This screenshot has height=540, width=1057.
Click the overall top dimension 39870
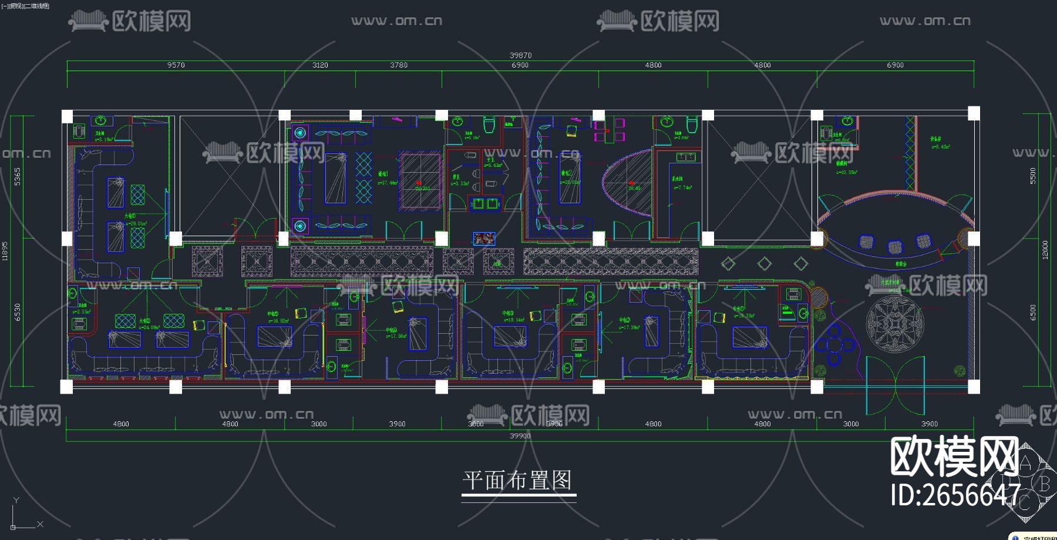click(520, 55)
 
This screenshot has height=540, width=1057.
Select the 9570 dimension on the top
click(176, 65)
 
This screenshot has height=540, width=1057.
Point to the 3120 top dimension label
click(320, 65)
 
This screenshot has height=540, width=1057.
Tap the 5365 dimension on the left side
click(18, 176)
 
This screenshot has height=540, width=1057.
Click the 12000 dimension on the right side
click(1045, 250)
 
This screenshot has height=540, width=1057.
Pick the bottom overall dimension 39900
click(520, 436)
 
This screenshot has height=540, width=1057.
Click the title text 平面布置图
click(517, 481)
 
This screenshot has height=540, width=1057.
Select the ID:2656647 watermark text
click(955, 495)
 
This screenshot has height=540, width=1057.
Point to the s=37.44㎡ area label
click(388, 183)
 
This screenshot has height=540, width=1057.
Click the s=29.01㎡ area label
click(139, 224)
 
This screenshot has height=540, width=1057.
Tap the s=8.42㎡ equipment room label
click(940, 147)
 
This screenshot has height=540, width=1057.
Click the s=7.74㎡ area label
click(682, 187)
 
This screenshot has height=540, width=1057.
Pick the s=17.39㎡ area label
click(629, 327)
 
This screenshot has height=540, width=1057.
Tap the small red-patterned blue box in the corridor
click(484, 239)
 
